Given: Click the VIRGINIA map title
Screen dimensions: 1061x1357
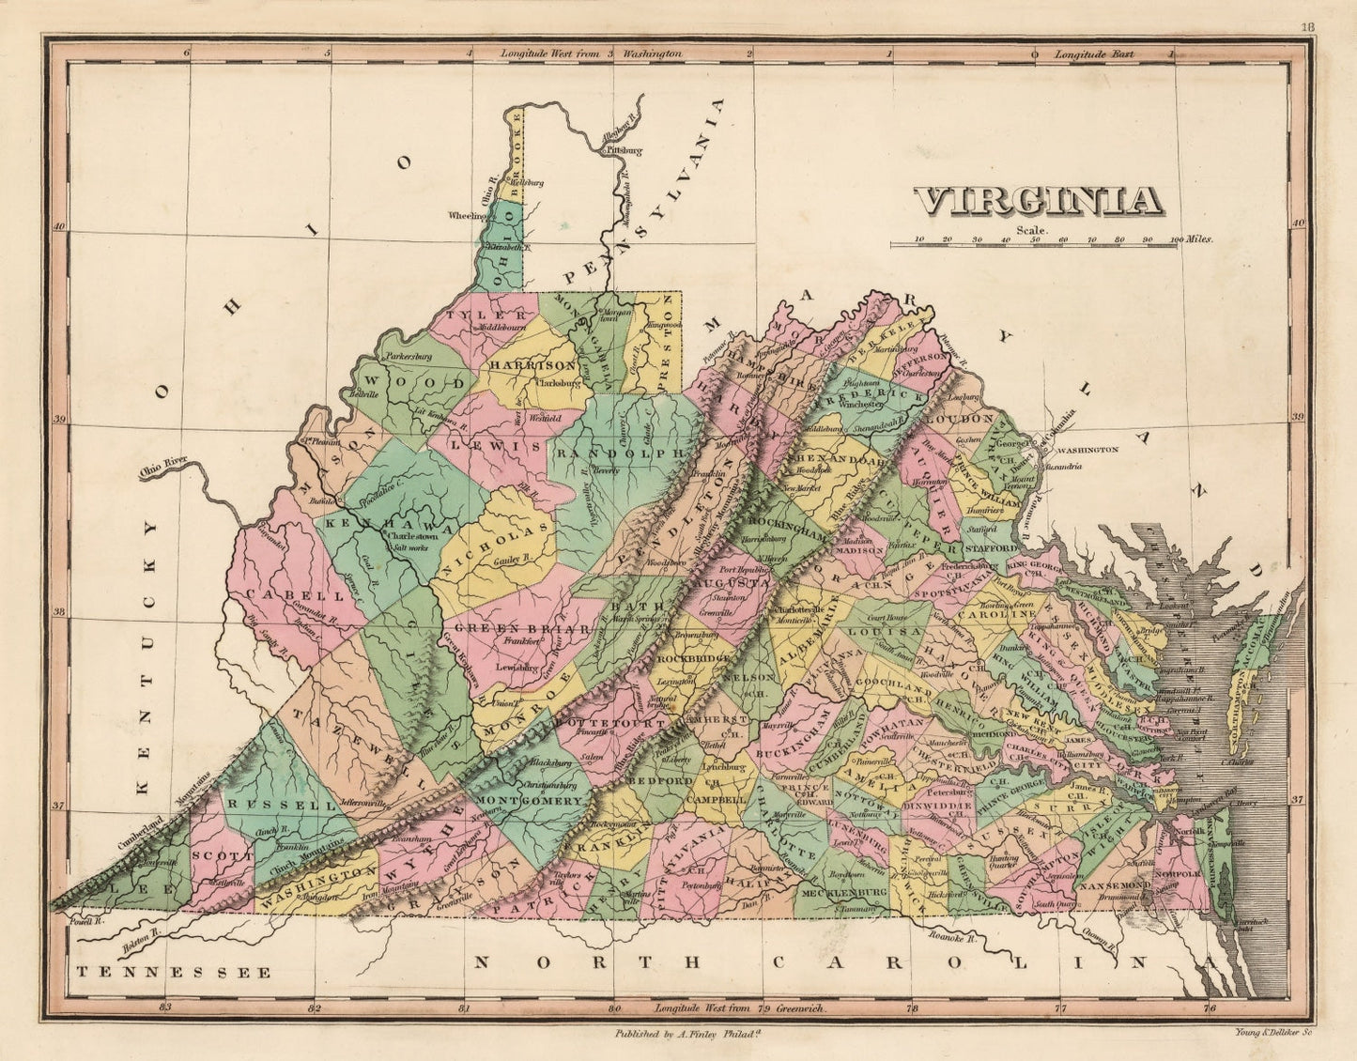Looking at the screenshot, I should click(1039, 201).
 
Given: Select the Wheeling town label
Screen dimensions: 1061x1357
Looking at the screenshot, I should click(466, 214).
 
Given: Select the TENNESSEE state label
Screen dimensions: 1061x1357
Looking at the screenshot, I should click(175, 973).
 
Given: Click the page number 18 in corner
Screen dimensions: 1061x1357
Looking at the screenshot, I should click(1307, 27).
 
